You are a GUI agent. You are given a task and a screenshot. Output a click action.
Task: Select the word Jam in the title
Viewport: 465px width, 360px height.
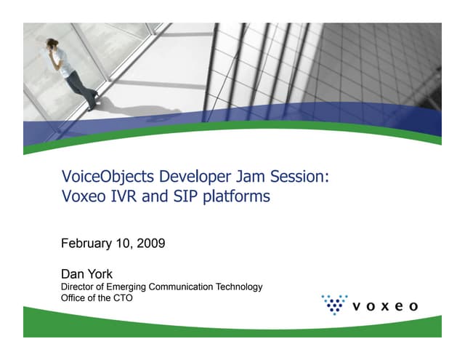[x=239, y=177]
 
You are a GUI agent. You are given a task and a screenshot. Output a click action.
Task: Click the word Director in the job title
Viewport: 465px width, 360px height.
[x=78, y=287]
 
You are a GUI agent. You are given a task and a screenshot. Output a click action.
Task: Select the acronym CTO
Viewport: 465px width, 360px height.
[x=124, y=298]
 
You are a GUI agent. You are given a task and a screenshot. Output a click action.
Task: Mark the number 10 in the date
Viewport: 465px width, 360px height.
[x=124, y=244]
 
